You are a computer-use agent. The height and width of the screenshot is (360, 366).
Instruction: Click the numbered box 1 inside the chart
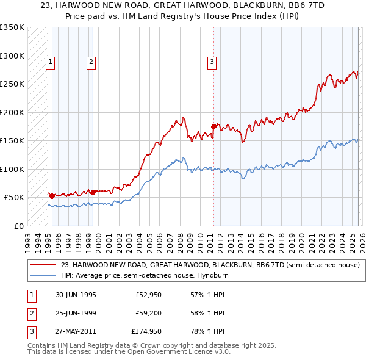coord(49,61)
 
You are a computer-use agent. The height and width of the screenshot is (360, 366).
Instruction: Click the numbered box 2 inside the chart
coord(90,61)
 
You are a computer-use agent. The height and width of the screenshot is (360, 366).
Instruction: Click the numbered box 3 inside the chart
coord(212,61)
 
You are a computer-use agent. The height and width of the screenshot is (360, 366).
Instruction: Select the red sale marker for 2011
coord(213,127)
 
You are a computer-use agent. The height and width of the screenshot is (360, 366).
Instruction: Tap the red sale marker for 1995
coord(52,196)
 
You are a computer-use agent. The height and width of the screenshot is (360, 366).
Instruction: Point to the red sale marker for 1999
coord(92,192)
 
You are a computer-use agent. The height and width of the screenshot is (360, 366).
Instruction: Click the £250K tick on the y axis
coord(12,84)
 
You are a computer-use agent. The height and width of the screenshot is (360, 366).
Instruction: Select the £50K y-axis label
coord(14,198)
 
